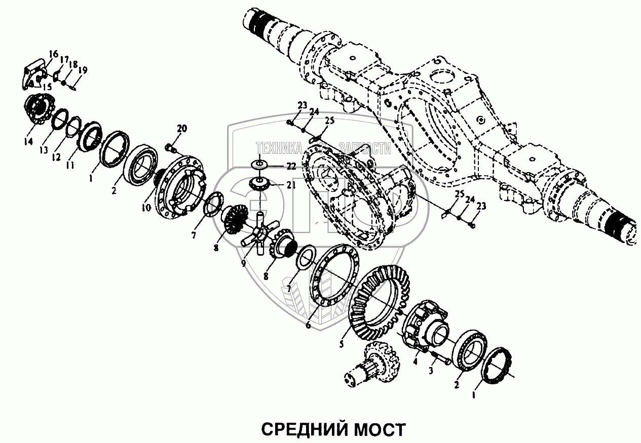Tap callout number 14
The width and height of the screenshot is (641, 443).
point(28,141)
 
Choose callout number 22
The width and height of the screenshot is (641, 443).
point(290,167)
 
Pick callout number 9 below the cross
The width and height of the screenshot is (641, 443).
point(243,263)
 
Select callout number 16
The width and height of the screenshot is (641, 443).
point(54,55)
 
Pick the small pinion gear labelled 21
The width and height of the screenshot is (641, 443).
point(259,184)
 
